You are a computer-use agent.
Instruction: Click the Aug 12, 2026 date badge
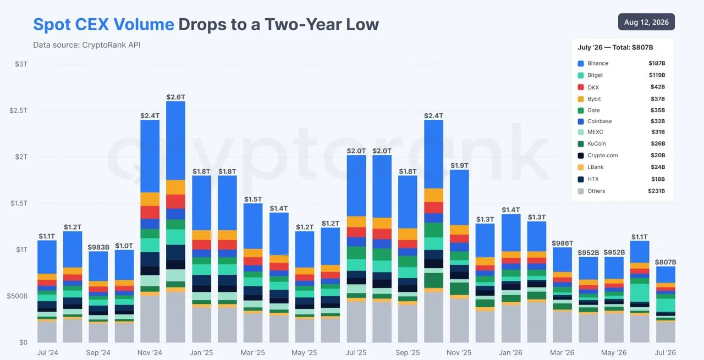point(646,22)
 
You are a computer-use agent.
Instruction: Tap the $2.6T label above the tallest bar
point(175,97)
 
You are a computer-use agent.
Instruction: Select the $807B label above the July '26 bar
point(665,262)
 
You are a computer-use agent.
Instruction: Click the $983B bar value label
point(98,247)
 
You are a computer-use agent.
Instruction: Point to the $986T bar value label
point(563,243)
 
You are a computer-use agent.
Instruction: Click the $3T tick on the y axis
point(21,64)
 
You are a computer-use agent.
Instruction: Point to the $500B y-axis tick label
point(17,296)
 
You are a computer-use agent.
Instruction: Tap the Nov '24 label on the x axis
point(150,352)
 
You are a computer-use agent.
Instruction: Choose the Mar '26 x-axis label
point(562,352)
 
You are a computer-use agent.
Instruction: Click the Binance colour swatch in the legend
point(581,63)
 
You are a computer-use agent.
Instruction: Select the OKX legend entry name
point(593,87)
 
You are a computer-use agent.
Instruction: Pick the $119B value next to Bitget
point(657,75)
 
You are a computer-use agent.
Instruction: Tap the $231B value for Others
point(657,191)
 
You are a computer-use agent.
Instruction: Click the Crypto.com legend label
point(602,155)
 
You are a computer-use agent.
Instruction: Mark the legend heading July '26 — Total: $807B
point(615,47)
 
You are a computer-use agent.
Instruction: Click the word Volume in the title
point(144,24)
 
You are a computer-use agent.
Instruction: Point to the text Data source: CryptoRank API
point(87,45)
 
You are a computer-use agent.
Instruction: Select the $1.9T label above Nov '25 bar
point(459,165)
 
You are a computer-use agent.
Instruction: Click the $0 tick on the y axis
point(23,342)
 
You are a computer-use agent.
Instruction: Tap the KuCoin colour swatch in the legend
point(581,144)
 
